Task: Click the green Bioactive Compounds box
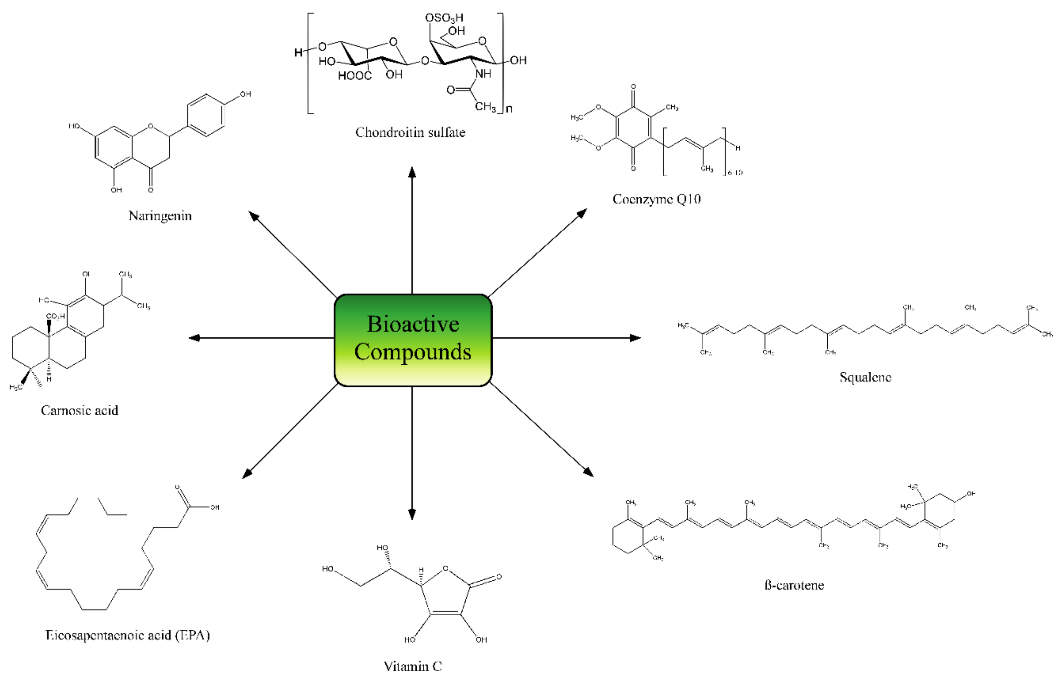[413, 340]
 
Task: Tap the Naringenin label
[160, 216]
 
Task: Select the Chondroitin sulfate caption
[410, 132]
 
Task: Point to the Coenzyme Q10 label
[656, 199]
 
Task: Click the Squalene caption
[865, 377]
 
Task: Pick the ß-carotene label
[794, 585]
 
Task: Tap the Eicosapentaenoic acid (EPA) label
[128, 635]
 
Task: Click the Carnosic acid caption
[79, 411]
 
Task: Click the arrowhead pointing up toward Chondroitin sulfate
[412, 172]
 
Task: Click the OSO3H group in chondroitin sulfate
[444, 18]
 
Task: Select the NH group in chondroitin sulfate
[483, 74]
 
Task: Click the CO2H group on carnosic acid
[56, 317]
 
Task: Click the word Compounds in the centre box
[413, 352]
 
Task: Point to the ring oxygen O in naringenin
[151, 126]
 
